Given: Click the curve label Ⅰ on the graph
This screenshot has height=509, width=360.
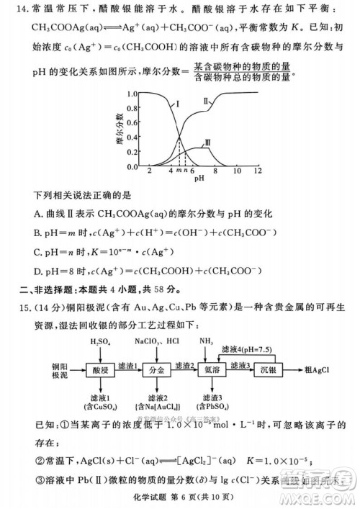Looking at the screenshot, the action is (176, 105).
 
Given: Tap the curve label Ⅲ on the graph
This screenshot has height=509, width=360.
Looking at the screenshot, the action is (207, 144).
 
